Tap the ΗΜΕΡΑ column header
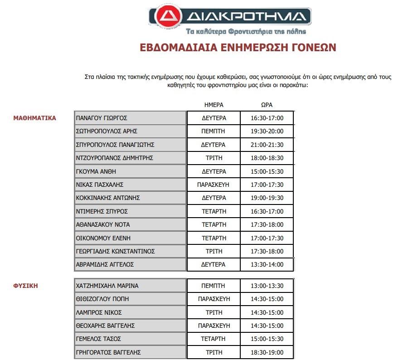point(214,105)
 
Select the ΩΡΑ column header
point(267,105)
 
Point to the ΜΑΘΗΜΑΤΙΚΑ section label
point(35,118)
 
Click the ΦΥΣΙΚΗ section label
point(25,286)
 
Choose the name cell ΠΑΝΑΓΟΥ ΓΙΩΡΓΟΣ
point(102,118)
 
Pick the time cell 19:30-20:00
point(267,131)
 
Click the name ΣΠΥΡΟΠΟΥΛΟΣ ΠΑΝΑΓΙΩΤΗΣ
point(116,145)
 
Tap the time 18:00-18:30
point(267,158)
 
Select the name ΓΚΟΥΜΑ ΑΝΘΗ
point(96,171)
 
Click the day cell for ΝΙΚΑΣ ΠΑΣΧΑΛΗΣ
point(214,185)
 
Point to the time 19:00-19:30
point(267,198)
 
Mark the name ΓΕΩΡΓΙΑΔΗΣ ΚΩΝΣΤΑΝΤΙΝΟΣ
point(116,252)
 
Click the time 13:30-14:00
point(267,265)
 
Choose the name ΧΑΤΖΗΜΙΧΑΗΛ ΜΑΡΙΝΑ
point(107,286)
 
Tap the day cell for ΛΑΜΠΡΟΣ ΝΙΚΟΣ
point(214,313)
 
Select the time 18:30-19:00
point(267,353)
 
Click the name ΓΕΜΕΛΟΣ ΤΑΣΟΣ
point(99,339)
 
